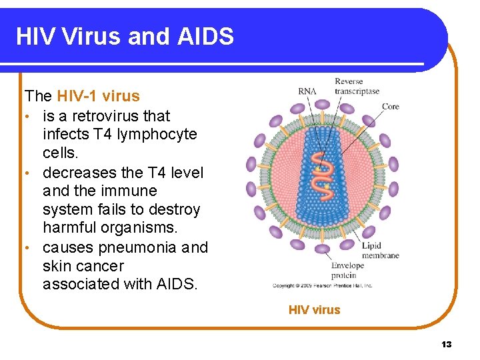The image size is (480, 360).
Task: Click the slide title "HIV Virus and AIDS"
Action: click(125, 36)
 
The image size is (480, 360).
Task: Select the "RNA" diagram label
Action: click(307, 91)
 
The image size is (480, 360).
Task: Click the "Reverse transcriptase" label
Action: click(357, 87)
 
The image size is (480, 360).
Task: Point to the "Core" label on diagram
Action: click(391, 106)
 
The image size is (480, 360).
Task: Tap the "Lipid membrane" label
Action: click(380, 251)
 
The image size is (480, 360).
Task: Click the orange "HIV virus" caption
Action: click(314, 310)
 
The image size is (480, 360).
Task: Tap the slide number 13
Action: click(446, 344)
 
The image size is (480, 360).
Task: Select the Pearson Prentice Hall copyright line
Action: click(323, 286)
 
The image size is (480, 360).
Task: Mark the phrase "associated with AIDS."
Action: click(120, 285)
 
